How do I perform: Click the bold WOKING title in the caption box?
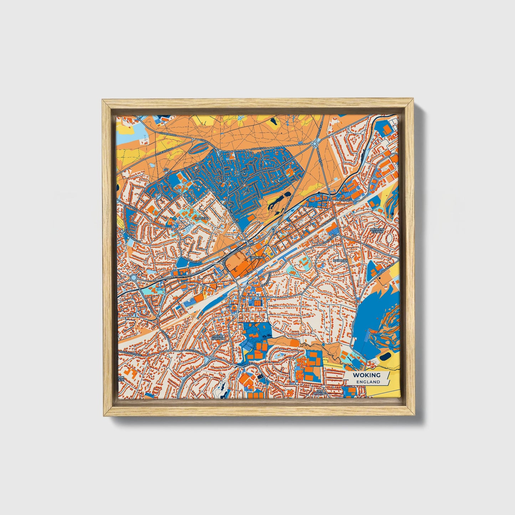point(366,375)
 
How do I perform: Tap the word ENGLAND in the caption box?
point(366,382)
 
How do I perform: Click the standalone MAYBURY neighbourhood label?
point(340,261)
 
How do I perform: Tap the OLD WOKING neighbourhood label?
point(319,392)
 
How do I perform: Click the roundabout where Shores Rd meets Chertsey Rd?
point(315,144)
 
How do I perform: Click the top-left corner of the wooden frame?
point(103,100)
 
